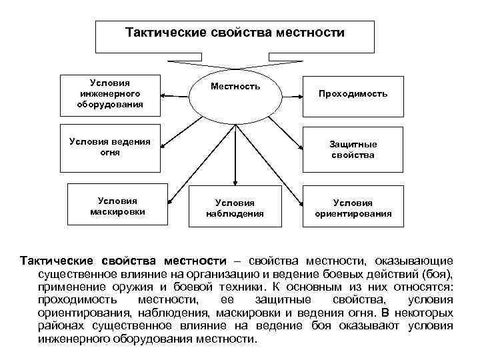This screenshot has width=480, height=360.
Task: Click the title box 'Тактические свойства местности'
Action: (x=235, y=36)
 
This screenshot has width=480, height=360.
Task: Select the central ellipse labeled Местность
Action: (x=235, y=97)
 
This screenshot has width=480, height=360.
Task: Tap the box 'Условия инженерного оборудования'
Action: (x=111, y=93)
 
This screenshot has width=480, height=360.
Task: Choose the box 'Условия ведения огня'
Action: (x=111, y=147)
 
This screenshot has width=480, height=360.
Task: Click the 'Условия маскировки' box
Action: (x=117, y=206)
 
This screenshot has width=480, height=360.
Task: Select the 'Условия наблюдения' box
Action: (x=235, y=208)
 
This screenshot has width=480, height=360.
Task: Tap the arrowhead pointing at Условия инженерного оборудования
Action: (x=165, y=93)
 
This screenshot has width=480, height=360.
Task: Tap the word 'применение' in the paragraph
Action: (x=67, y=286)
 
